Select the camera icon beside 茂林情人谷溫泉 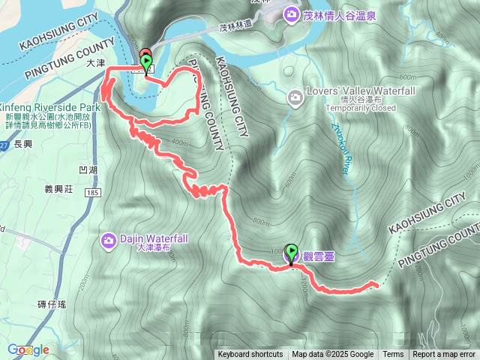coord(289,13)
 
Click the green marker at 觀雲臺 coord(291,253)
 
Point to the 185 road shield coord(93,193)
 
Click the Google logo coord(28,349)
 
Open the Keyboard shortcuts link coord(250,355)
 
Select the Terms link coord(393,355)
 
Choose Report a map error coord(444,355)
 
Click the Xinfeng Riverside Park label coord(45,107)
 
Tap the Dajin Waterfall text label coord(154,239)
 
